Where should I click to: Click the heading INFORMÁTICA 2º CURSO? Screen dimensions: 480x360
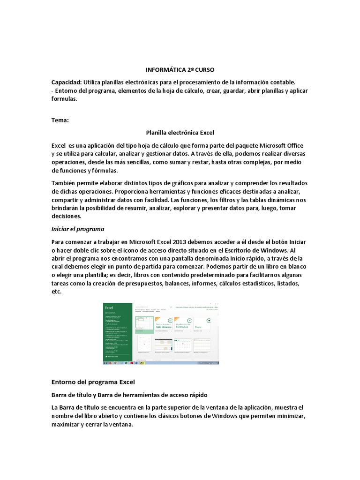point(180,69)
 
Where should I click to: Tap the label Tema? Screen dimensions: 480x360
point(60,120)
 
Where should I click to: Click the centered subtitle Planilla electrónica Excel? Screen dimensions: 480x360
point(180,133)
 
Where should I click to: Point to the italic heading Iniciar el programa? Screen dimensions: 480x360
point(77,229)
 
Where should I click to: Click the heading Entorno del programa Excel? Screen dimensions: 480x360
point(93,382)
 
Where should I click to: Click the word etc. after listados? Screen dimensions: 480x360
point(56,292)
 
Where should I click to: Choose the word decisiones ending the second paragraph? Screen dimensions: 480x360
point(66,217)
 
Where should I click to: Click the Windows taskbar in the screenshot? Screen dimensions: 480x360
point(161,362)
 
